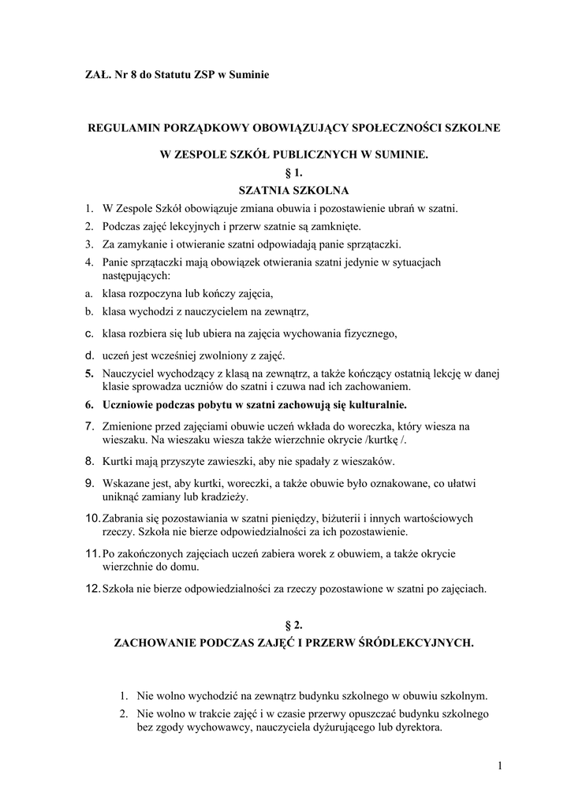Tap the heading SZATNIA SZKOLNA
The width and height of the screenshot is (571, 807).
[293, 190]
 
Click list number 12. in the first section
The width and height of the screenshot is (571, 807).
[91, 588]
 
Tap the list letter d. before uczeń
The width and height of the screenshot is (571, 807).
[90, 355]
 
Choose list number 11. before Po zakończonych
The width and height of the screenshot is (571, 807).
[91, 554]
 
